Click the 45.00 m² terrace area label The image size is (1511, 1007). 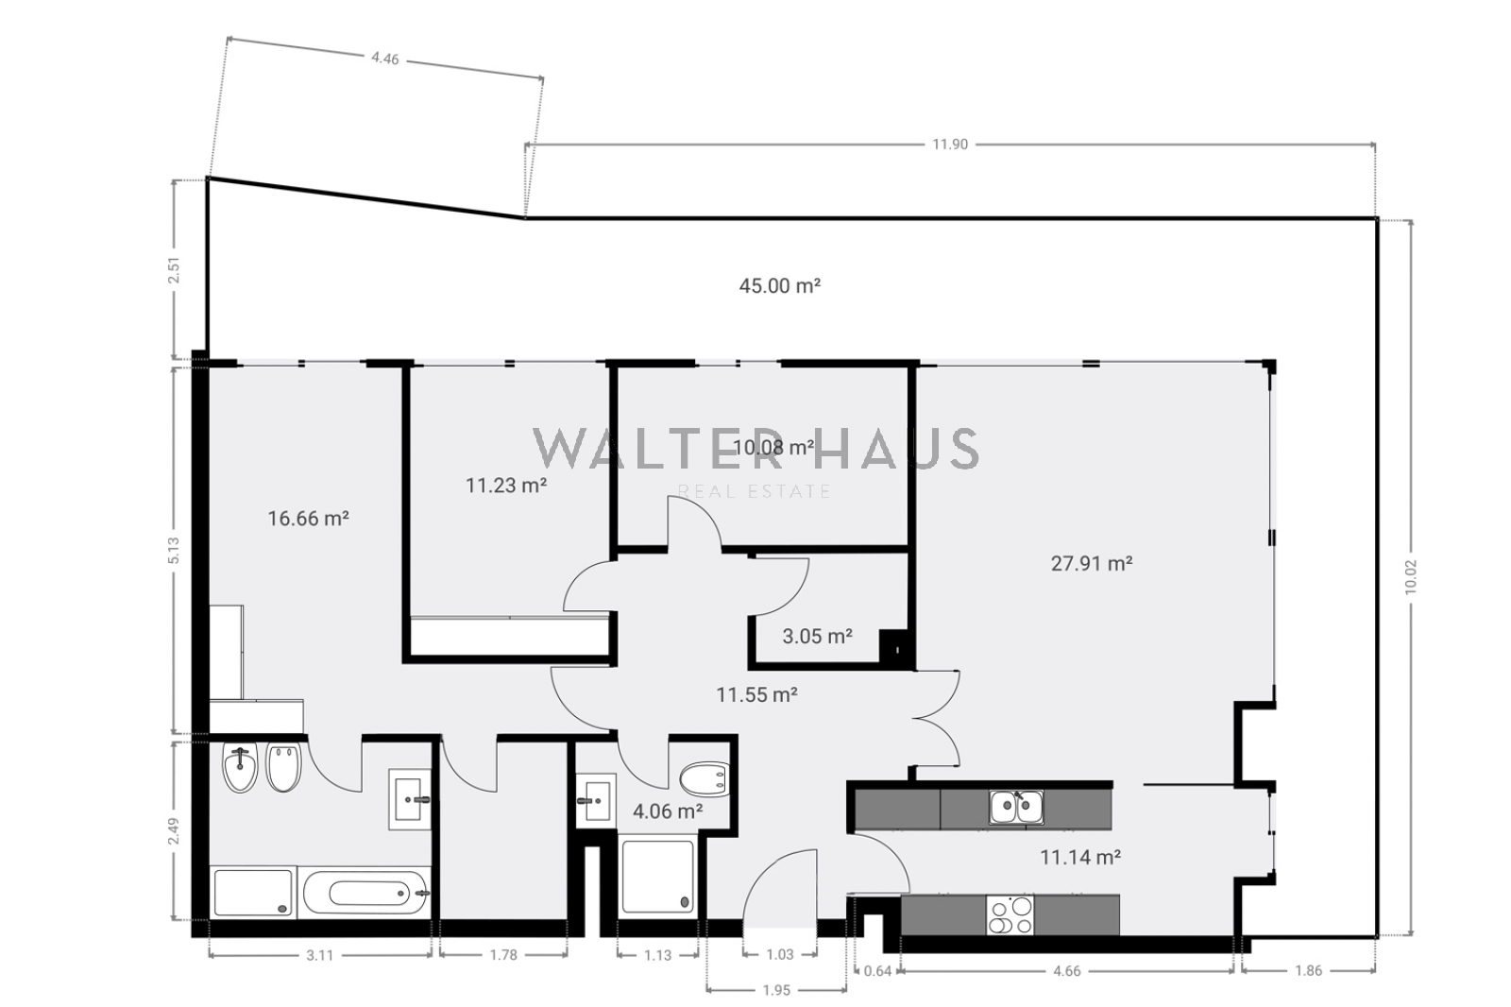click(x=780, y=285)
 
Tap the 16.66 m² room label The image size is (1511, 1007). click(x=308, y=519)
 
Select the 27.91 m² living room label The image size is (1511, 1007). click(x=1092, y=563)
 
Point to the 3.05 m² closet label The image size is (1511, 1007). click(x=818, y=636)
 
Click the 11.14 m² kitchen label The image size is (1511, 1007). click(x=1080, y=857)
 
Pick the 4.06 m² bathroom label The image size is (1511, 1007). click(x=668, y=811)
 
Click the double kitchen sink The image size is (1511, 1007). click(x=1016, y=808)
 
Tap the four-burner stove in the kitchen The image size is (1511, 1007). click(x=1010, y=915)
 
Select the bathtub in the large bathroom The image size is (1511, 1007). click(x=365, y=893)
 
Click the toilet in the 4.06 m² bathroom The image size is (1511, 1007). click(x=705, y=779)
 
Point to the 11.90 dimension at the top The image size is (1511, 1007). click(x=950, y=145)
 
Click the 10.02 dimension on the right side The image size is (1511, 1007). click(x=1411, y=577)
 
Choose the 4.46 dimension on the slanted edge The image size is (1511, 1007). click(x=385, y=59)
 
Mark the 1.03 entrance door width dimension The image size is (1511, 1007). click(x=780, y=954)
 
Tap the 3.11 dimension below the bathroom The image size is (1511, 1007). click(x=320, y=955)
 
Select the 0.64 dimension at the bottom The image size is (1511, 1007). click(x=877, y=970)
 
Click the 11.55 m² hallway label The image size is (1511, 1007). click(x=756, y=694)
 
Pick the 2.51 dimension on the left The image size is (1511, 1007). click(x=175, y=271)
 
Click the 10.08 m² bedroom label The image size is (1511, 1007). click(x=773, y=448)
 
